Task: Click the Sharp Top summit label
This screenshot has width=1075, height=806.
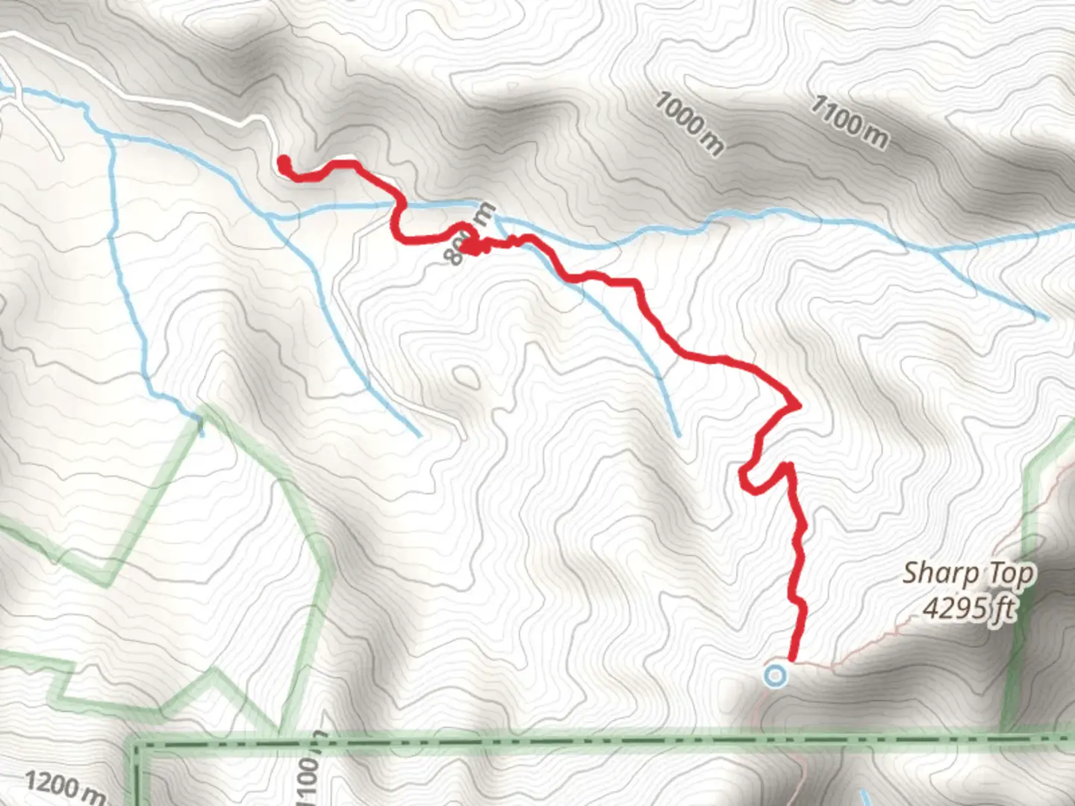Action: click(968, 574)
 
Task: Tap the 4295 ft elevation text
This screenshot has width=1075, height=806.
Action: click(968, 608)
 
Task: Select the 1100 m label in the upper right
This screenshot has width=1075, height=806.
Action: click(850, 122)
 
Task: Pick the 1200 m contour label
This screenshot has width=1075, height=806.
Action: click(63, 787)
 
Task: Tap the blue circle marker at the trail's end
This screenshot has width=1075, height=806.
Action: click(776, 676)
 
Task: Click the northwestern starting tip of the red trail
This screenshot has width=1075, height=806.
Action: click(283, 160)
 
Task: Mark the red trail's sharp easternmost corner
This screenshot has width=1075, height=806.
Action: click(798, 405)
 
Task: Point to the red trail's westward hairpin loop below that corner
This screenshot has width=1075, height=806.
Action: click(744, 478)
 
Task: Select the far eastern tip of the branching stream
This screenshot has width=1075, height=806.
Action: click(1047, 318)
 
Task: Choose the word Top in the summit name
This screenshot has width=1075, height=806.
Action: click(1011, 574)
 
